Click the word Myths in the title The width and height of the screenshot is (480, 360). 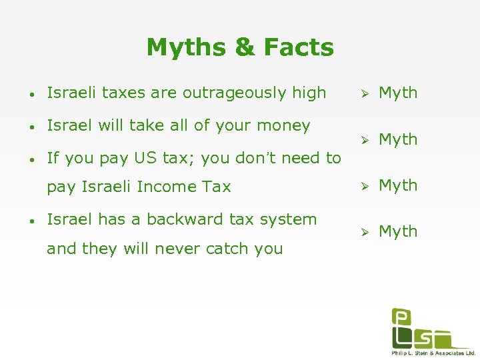click(185, 48)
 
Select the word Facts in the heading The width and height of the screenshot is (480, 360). click(299, 48)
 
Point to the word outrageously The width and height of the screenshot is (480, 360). click(235, 93)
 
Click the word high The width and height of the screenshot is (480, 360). click(309, 93)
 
